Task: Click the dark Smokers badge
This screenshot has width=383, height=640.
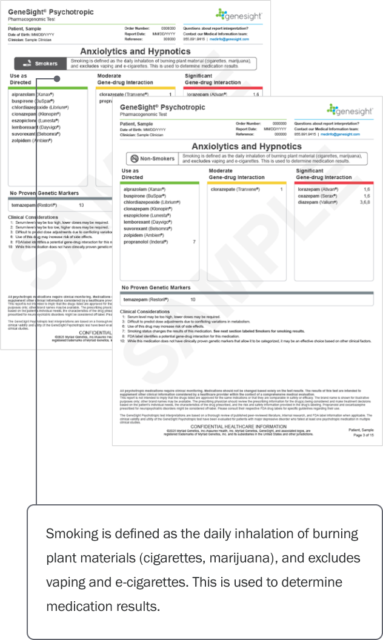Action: pos(40,63)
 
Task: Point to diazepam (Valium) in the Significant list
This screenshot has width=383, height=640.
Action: pos(317,203)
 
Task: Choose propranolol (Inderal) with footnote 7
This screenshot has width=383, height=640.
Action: pos(147,242)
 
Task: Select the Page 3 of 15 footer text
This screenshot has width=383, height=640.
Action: pos(363,435)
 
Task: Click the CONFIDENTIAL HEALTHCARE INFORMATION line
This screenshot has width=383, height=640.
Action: pos(228,427)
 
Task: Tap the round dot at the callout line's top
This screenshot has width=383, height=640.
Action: pos(56,78)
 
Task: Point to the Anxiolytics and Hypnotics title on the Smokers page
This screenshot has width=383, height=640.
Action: pos(135,52)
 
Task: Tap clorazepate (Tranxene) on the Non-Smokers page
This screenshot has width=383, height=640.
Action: pos(235,189)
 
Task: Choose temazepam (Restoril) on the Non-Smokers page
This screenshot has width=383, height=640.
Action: pos(145,299)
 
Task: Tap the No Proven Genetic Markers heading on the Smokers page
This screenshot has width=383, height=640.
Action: pos(44,193)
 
